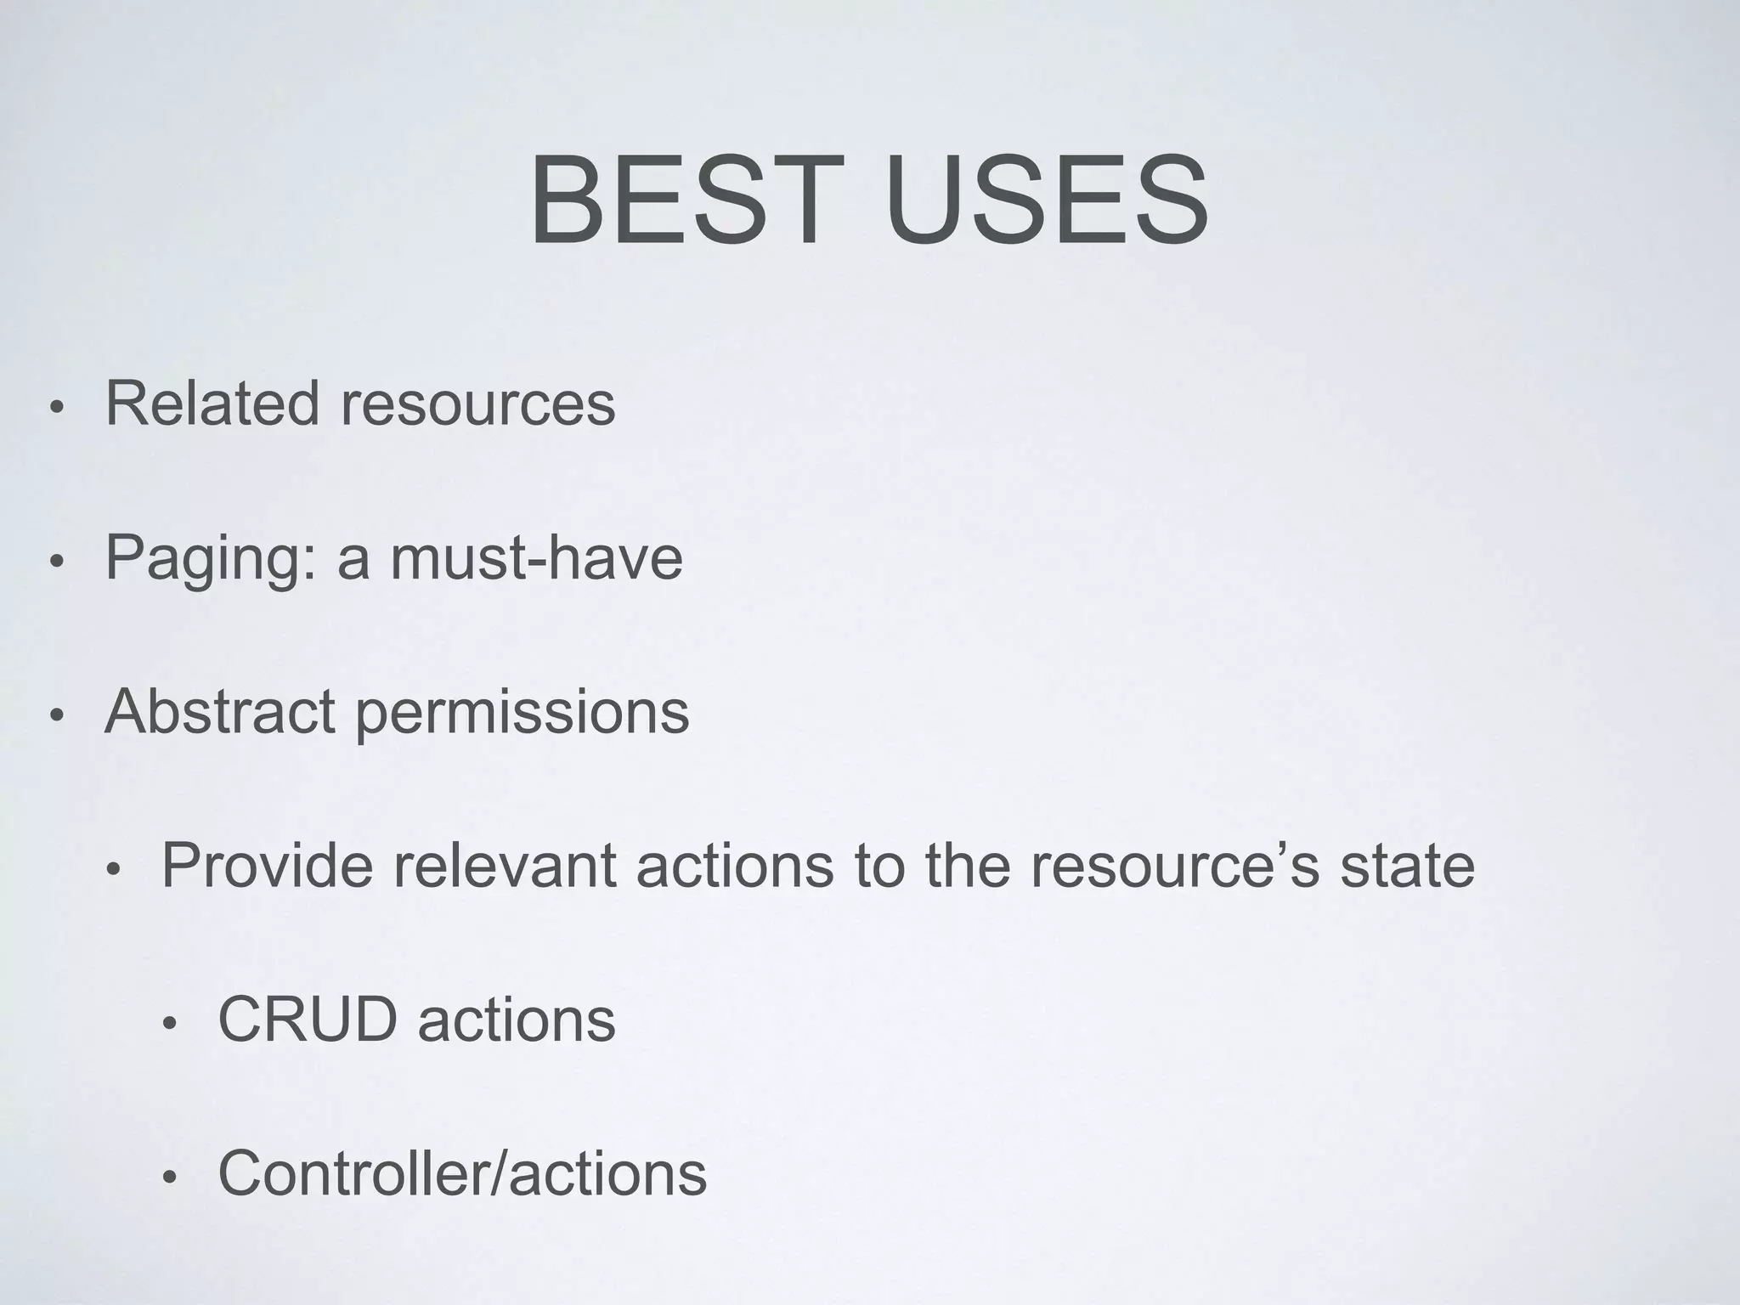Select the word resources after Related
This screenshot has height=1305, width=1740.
click(477, 404)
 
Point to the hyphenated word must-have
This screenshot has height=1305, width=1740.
click(536, 558)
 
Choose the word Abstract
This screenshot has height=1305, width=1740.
click(219, 712)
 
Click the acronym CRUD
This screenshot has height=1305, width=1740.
click(308, 1020)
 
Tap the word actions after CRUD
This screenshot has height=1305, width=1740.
click(517, 1020)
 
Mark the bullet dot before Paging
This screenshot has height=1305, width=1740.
click(56, 562)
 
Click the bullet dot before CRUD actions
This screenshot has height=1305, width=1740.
click(170, 1025)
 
